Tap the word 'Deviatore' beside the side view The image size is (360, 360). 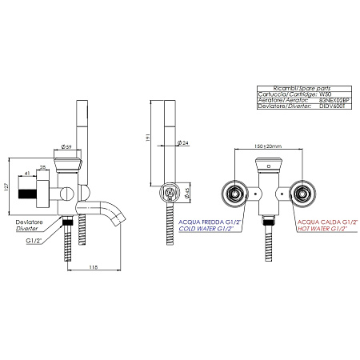[30, 220]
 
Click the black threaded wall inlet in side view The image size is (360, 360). [32, 194]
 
